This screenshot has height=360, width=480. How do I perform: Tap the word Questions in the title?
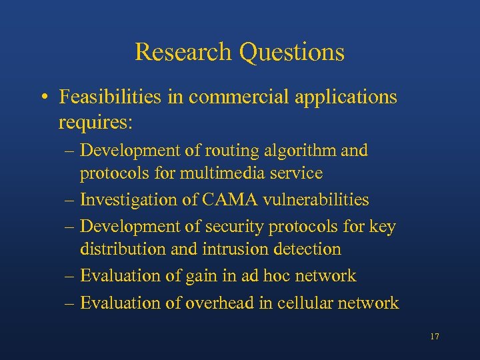(292, 52)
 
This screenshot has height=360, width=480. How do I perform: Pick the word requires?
(95, 123)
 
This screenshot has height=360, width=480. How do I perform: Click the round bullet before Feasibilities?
(43, 98)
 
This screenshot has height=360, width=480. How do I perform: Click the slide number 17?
(434, 337)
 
